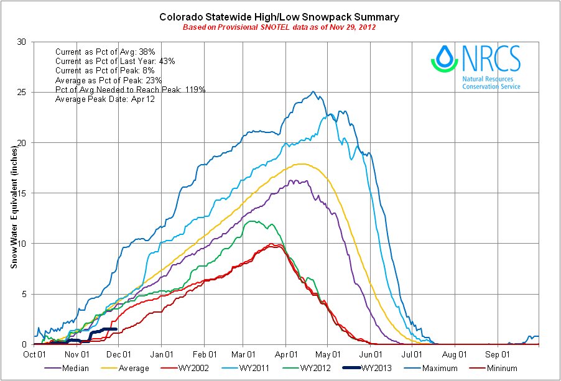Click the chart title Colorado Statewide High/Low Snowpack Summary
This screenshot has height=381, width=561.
(279, 17)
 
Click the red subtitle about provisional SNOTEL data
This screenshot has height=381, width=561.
(279, 27)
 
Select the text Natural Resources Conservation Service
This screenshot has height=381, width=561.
(491, 83)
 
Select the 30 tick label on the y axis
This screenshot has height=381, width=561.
(22, 42)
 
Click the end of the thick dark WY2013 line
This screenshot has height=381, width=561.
(116, 329)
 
